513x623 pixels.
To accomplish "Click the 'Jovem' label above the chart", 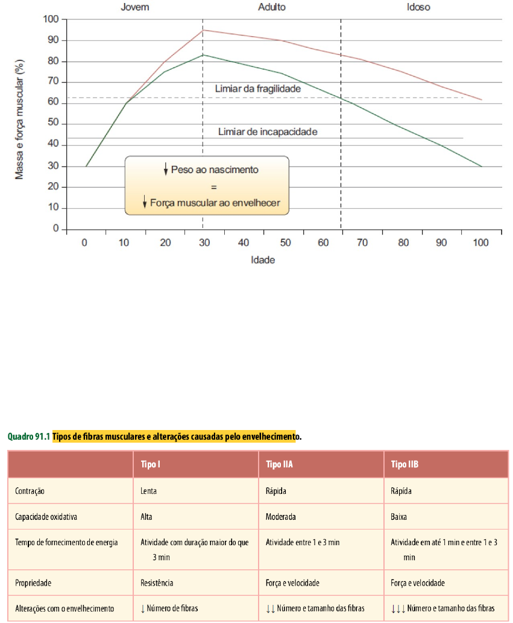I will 134,7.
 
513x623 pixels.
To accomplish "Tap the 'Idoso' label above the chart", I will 418,7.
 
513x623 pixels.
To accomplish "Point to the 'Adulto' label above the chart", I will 272,7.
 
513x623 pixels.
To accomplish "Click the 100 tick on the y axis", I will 51,19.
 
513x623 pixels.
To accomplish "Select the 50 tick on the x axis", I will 285,242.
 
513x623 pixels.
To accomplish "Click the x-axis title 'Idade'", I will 263,260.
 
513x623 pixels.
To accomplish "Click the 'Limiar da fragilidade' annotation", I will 257,88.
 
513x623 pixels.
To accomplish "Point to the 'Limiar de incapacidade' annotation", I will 268,131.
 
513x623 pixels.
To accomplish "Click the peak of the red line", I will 203,30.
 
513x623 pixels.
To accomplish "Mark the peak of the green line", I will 203,55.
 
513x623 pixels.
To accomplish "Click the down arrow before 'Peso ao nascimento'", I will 165,169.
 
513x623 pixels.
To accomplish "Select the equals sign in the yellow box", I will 206,186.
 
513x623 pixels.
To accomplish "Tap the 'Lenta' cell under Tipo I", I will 148,491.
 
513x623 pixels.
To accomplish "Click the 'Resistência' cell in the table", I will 157,583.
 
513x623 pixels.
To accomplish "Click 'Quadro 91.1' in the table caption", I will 28,435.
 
